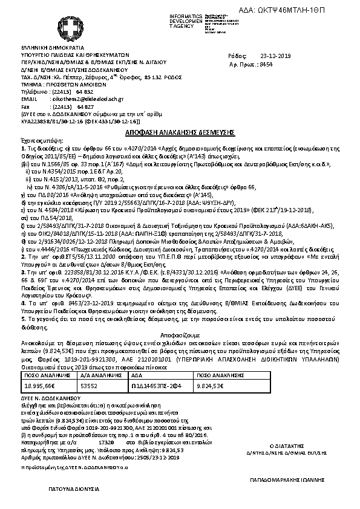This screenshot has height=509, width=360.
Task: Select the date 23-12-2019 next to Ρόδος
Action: (275, 55)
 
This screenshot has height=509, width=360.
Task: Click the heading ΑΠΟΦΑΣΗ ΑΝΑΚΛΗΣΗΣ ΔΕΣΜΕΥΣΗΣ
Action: (180, 131)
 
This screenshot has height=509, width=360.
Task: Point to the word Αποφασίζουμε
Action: (180, 333)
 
